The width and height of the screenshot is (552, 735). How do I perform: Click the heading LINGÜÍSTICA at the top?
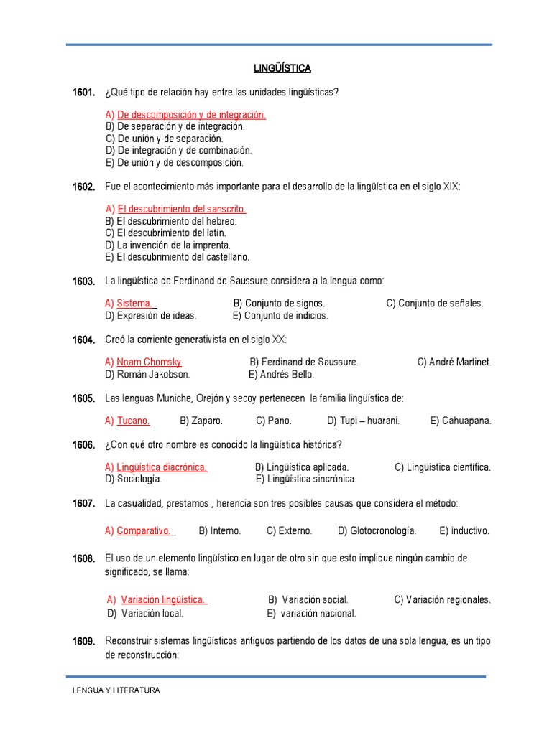point(282,68)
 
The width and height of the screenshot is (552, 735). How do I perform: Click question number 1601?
point(83,92)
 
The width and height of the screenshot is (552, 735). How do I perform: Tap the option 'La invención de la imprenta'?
point(173,245)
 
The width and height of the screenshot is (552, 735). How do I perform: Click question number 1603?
point(83,281)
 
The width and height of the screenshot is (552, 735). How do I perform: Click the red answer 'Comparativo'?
point(144,531)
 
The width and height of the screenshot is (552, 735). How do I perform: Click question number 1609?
point(83,641)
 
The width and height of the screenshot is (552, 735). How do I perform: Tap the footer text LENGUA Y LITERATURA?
point(116,690)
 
